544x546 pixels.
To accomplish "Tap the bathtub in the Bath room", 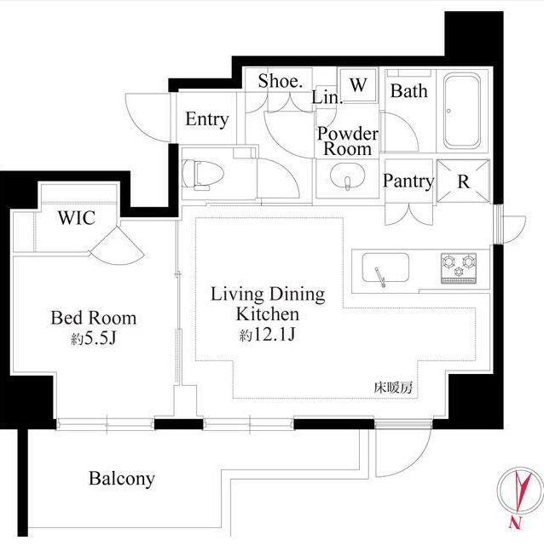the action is pyautogui.click(x=462, y=111).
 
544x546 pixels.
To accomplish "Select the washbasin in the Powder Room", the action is pyautogui.click(x=347, y=176).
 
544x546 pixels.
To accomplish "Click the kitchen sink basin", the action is pyautogui.click(x=385, y=267).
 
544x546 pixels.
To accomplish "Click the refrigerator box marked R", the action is pyautogui.click(x=463, y=181).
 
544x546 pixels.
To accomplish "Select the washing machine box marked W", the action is pyautogui.click(x=359, y=85).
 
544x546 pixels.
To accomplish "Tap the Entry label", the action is pyautogui.click(x=206, y=119).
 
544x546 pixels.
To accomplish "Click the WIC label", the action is pyautogui.click(x=77, y=218).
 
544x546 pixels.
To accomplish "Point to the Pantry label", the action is pyautogui.click(x=408, y=181).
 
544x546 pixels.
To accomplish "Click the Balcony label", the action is pyautogui.click(x=122, y=480).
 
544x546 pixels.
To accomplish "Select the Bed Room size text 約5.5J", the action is pyautogui.click(x=94, y=338).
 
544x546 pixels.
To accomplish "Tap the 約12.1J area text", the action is pyautogui.click(x=267, y=335).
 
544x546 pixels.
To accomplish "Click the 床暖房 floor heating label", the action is pyautogui.click(x=393, y=388).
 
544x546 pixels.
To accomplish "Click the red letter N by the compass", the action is pyautogui.click(x=514, y=523).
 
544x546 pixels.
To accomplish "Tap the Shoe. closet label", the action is pyautogui.click(x=280, y=81).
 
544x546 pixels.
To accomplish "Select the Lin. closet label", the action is pyautogui.click(x=327, y=97).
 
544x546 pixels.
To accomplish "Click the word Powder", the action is pyautogui.click(x=347, y=134).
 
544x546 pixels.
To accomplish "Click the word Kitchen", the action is pyautogui.click(x=267, y=314).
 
